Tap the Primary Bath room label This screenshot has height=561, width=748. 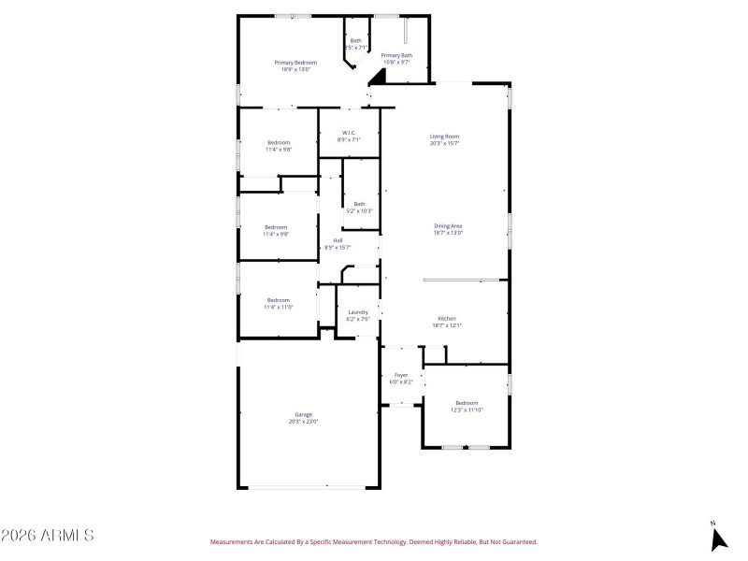pos(396,55)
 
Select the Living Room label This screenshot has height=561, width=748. pos(444,137)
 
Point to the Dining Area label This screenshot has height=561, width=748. pos(448,225)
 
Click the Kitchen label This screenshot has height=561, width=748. pos(447,319)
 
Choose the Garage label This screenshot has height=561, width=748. pos(303,414)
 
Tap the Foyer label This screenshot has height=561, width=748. pos(400,375)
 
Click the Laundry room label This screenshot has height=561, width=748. pos(358,312)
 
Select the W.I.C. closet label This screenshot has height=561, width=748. pos(349,133)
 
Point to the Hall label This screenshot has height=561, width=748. pos(338,240)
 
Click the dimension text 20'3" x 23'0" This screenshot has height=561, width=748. pos(303,422)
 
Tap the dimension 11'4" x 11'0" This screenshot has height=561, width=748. pos(278,307)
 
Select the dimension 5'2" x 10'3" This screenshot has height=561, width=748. pos(359,210)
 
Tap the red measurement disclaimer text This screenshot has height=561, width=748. pos(373,541)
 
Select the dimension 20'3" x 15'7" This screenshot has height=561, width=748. pos(444,144)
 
